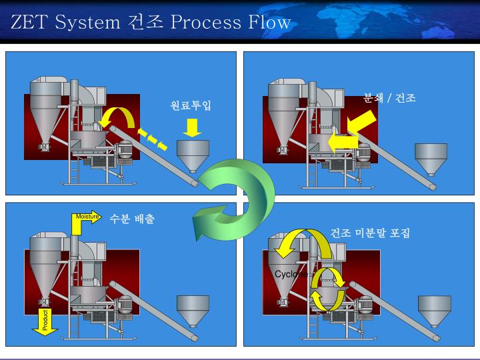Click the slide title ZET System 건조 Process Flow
(x=151, y=22)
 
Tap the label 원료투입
(x=191, y=105)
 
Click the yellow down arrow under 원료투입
(x=192, y=127)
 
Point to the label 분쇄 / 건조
(x=390, y=98)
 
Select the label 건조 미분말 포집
(x=370, y=233)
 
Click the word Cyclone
(x=291, y=274)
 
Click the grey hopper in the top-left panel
(x=192, y=155)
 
